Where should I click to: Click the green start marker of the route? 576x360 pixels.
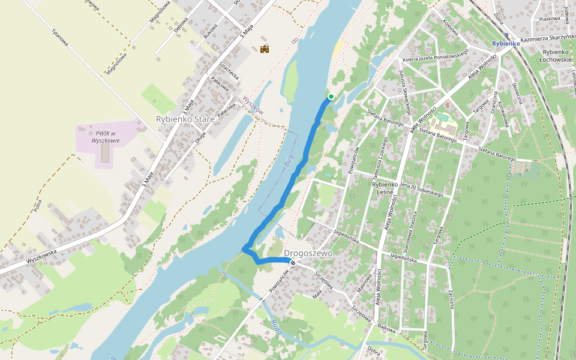331,96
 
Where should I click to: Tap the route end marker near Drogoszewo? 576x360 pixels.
292,263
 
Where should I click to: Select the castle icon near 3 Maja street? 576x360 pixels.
265,49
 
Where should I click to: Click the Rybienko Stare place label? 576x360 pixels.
185,119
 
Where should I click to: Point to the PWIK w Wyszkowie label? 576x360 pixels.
106,136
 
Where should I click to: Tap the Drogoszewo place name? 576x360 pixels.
308,254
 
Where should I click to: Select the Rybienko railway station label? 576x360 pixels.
505,44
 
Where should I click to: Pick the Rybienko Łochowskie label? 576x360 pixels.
556,56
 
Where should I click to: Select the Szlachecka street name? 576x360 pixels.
230,71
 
